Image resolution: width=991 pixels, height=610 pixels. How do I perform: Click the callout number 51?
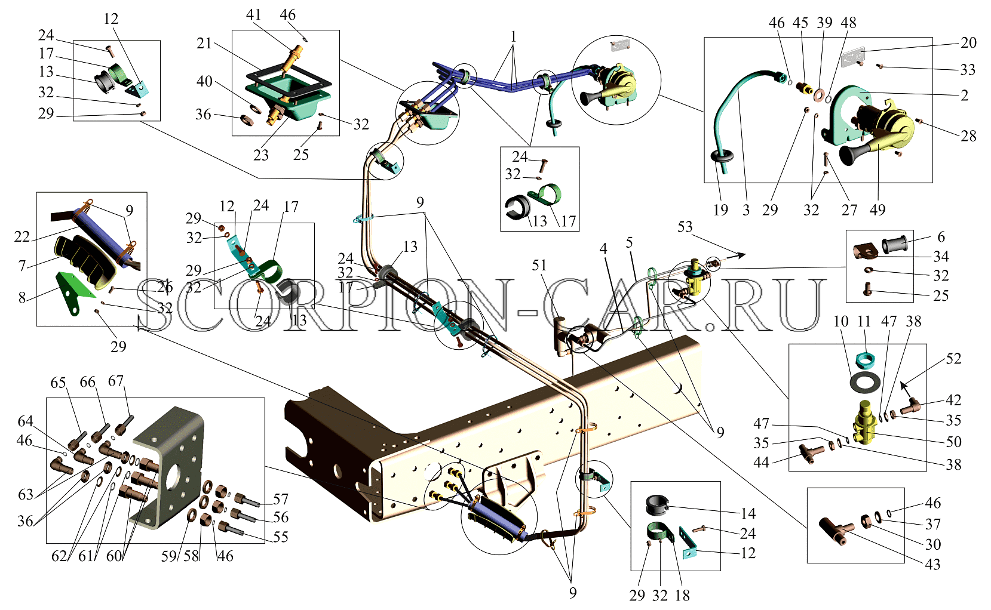[539, 265]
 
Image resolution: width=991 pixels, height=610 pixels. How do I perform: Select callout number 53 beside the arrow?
[685, 227]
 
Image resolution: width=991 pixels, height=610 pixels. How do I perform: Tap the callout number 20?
[968, 42]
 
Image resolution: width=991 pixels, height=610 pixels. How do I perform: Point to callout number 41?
[253, 14]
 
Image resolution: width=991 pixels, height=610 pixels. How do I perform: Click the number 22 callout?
[22, 237]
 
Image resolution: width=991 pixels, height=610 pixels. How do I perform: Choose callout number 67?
[116, 381]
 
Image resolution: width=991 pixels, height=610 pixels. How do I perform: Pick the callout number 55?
[281, 537]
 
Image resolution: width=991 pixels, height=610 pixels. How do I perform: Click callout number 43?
[932, 565]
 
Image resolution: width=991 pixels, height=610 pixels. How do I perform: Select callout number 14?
[748, 513]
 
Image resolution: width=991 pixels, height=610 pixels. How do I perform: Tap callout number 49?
[878, 210]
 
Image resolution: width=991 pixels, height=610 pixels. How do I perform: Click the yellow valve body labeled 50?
[864, 423]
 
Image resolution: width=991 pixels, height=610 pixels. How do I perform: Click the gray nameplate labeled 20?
[853, 57]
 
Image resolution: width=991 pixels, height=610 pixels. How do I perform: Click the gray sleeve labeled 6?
[895, 245]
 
